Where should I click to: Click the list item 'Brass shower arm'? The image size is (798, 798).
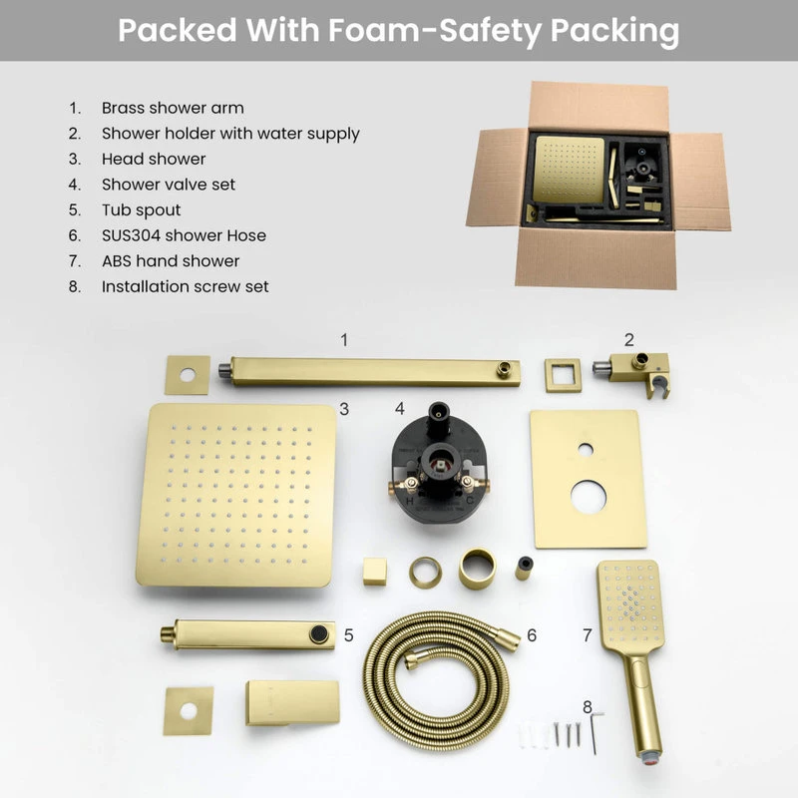tap(172, 108)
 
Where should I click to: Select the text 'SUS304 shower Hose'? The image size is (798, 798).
tap(184, 235)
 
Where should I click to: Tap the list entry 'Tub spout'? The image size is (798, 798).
tap(141, 210)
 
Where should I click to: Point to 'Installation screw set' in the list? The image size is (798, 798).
tap(185, 286)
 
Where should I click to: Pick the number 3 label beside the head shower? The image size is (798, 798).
tap(343, 408)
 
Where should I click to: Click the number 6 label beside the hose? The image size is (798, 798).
tap(532, 634)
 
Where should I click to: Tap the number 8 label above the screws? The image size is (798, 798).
tap(587, 706)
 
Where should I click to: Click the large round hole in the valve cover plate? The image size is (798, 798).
tap(589, 496)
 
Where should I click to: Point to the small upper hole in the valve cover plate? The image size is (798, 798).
tap(586, 449)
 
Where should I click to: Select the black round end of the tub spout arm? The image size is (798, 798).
tap(319, 634)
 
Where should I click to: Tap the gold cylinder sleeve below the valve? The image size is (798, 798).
tap(477, 568)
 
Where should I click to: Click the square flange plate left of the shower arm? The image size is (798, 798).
tap(188, 375)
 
